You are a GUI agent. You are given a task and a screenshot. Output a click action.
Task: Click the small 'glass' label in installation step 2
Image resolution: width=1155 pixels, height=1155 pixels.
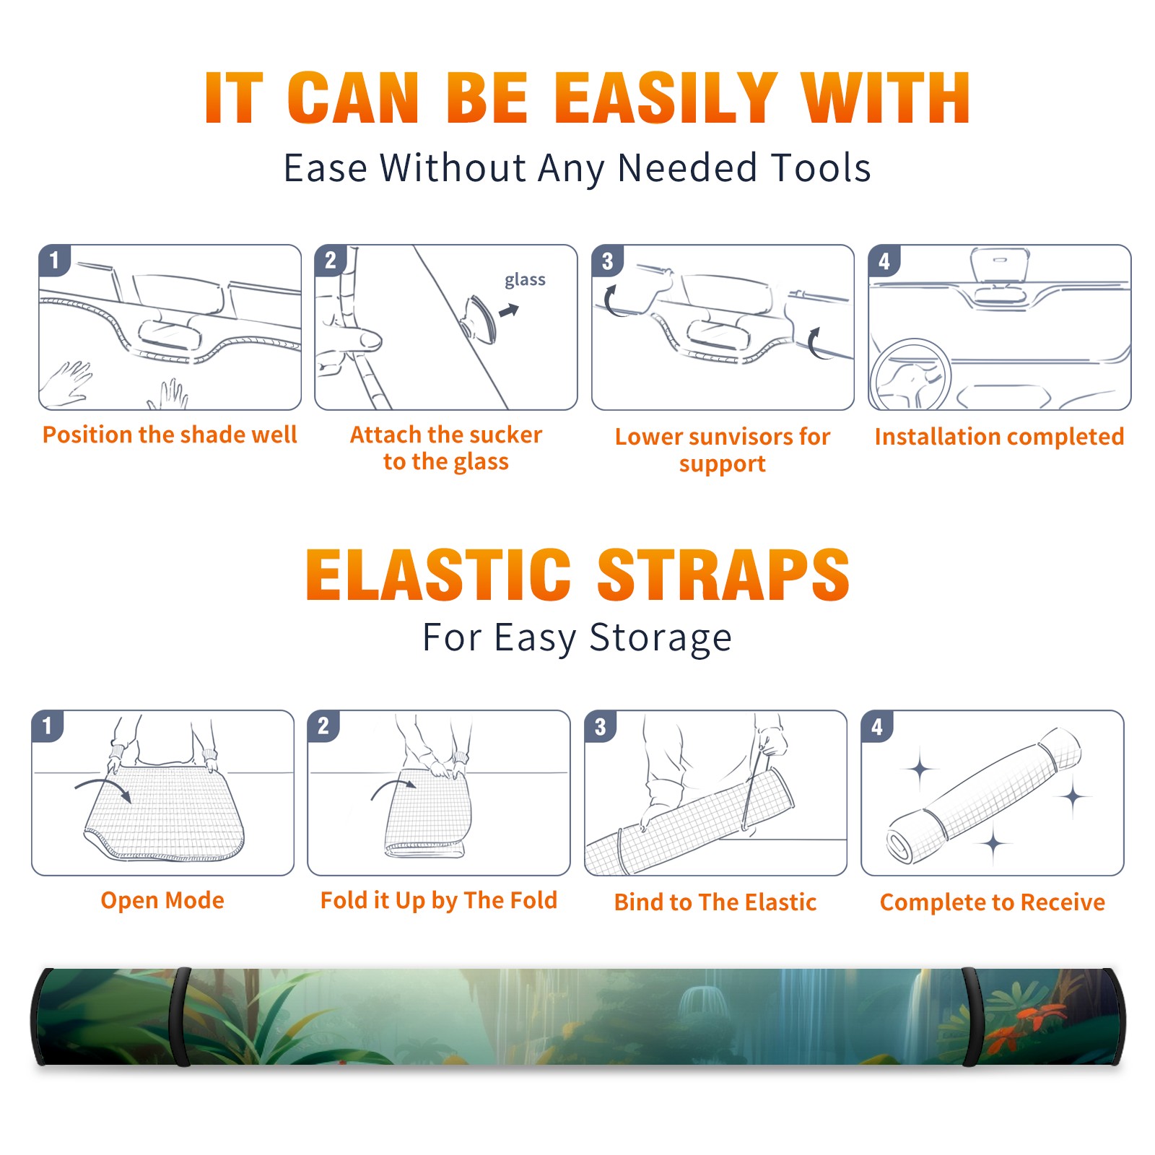click(525, 280)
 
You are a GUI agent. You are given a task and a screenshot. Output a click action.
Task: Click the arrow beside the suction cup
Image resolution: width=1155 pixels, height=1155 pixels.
click(510, 310)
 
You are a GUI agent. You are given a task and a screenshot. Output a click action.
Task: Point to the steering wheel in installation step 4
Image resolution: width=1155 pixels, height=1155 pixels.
click(910, 375)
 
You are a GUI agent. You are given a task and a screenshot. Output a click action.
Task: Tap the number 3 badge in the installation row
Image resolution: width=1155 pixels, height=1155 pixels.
click(607, 261)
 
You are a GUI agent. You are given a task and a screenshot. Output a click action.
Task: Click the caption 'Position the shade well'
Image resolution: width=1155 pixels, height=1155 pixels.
click(170, 435)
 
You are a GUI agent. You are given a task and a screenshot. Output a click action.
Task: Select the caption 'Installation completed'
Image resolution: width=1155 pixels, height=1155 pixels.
click(999, 436)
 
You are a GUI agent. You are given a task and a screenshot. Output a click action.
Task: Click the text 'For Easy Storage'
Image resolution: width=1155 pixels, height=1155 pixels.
click(577, 638)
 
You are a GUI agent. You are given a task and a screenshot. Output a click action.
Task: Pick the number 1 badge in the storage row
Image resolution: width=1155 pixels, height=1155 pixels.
click(48, 725)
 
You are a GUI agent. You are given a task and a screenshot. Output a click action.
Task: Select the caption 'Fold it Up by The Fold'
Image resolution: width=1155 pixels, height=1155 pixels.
click(439, 900)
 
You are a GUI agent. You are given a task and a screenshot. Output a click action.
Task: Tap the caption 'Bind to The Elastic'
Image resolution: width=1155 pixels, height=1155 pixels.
click(715, 902)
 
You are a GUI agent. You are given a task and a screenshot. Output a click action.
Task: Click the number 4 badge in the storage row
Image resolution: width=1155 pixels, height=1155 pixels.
click(877, 726)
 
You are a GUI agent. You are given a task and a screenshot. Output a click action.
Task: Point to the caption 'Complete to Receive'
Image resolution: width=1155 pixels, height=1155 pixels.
click(993, 902)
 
